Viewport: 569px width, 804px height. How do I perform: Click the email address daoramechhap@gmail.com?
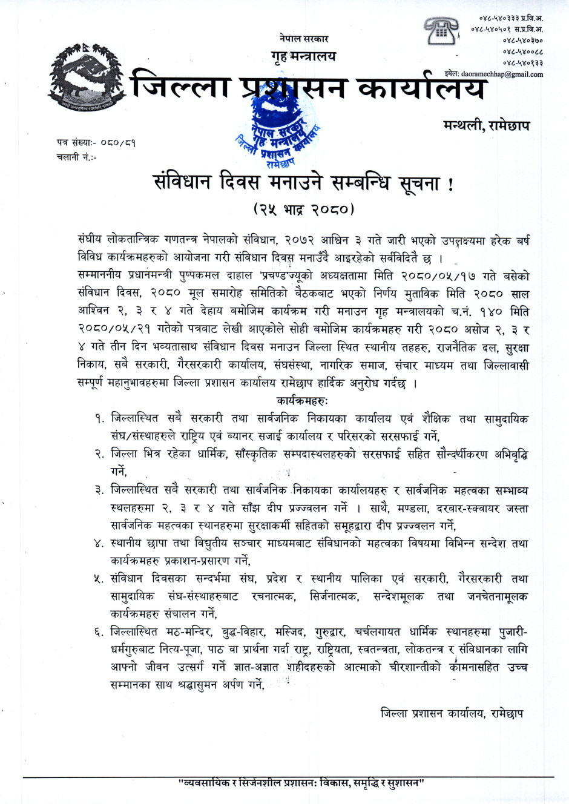pyautogui.click(x=502, y=74)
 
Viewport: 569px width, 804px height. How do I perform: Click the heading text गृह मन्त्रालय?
pyautogui.click(x=303, y=56)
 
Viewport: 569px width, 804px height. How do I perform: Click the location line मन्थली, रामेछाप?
pyautogui.click(x=486, y=125)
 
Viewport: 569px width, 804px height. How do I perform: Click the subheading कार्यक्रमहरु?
pyautogui.click(x=303, y=401)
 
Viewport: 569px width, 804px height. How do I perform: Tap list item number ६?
pyautogui.click(x=99, y=632)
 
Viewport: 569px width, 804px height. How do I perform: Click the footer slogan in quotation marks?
pyautogui.click(x=301, y=783)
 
